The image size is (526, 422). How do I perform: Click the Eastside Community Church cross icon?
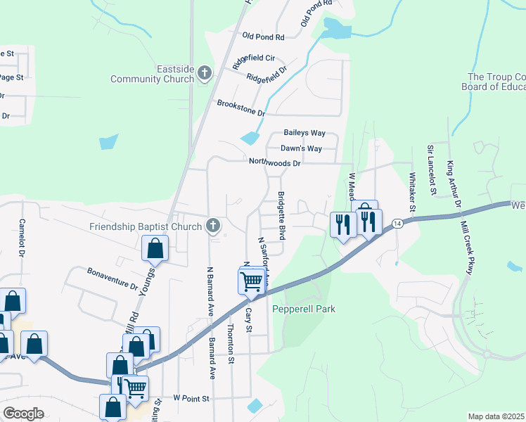[x=205, y=72]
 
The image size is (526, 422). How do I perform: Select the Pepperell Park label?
[x=304, y=309]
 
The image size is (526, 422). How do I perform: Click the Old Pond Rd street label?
[x=262, y=37]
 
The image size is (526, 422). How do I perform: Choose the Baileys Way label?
[x=304, y=133]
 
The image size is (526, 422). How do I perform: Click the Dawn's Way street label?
[x=301, y=148]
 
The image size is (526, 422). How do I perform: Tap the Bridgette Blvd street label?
[x=281, y=215]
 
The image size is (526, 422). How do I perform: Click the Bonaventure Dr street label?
[x=113, y=279]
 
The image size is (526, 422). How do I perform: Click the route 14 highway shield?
[x=398, y=223]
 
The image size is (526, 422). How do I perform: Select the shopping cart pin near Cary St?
[x=252, y=281]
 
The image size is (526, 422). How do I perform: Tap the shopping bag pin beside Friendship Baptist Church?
[x=155, y=248]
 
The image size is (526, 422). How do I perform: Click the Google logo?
[x=23, y=414]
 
